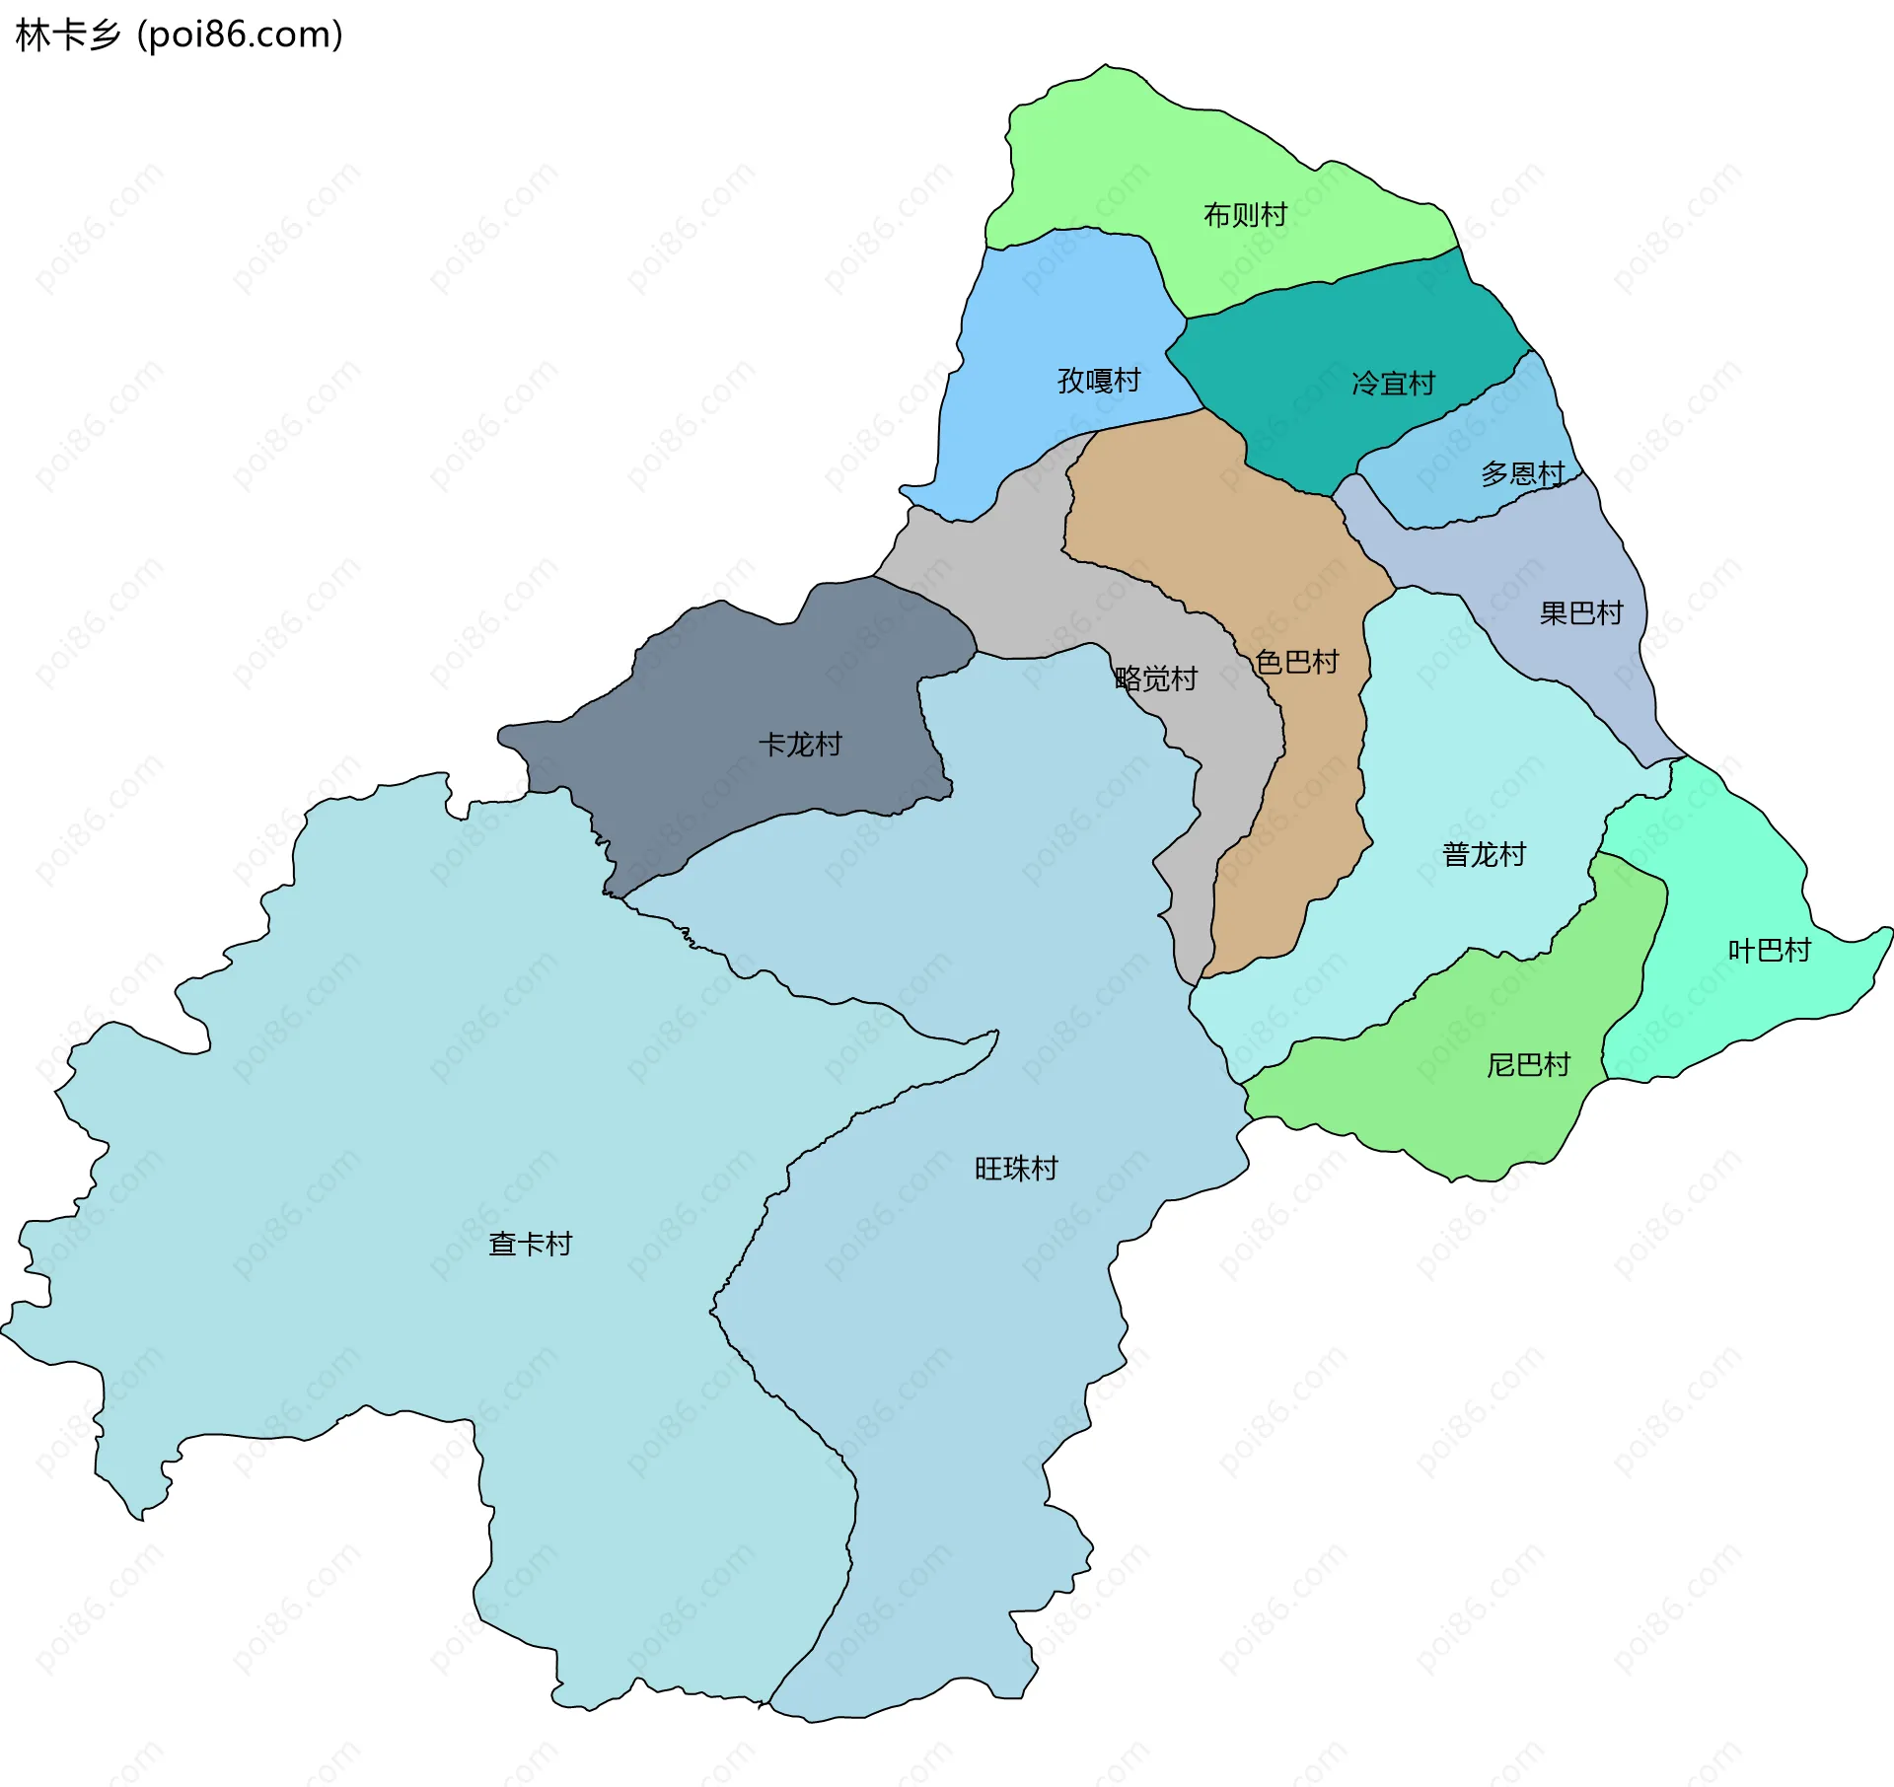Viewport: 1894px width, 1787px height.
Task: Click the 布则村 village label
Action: click(x=1245, y=214)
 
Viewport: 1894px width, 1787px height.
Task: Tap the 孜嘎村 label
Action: click(x=1099, y=380)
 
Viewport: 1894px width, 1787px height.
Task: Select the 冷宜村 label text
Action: click(x=1393, y=384)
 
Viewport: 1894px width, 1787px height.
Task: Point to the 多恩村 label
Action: click(x=1522, y=474)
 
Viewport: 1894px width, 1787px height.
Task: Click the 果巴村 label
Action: click(x=1581, y=613)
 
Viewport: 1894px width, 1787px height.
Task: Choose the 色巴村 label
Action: click(x=1297, y=662)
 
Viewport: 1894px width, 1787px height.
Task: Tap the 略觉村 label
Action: click(x=1156, y=679)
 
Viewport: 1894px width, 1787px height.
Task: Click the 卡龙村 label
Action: click(x=800, y=745)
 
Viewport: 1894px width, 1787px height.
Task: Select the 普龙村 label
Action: click(x=1484, y=854)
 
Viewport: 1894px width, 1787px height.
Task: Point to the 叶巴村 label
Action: click(x=1770, y=951)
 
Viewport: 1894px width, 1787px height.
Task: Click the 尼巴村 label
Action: click(x=1528, y=1065)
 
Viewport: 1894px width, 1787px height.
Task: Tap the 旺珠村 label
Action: click(x=1016, y=1169)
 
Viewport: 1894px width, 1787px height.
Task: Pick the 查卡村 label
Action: click(x=531, y=1245)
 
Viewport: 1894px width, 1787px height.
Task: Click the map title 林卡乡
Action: click(x=67, y=36)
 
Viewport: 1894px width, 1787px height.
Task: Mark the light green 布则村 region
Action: click(x=1105, y=158)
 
